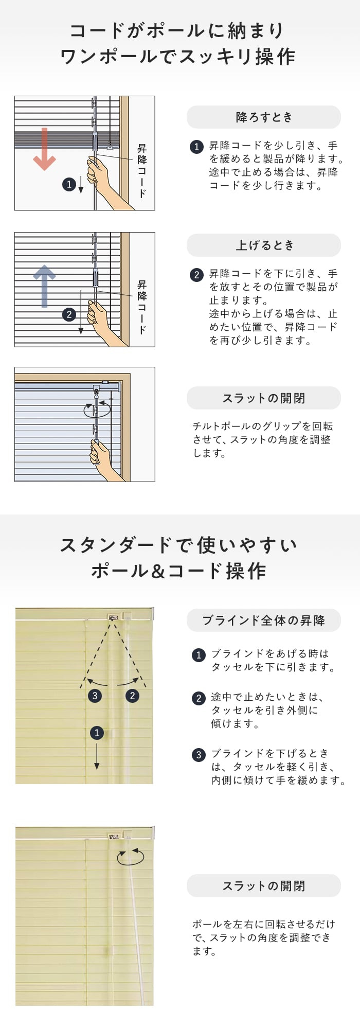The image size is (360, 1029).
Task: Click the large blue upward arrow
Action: pyautogui.click(x=44, y=286)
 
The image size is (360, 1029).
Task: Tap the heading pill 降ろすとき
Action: pyautogui.click(x=263, y=117)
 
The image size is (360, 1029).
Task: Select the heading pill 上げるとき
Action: pyautogui.click(x=263, y=245)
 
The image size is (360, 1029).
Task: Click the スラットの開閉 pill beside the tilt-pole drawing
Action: pyautogui.click(x=263, y=398)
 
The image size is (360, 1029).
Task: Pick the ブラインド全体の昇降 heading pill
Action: pyautogui.click(x=263, y=620)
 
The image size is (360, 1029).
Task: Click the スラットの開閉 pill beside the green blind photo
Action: pyautogui.click(x=263, y=886)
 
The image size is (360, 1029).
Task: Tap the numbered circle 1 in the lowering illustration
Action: pyautogui.click(x=69, y=184)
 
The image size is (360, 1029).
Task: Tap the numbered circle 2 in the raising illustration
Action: pyautogui.click(x=69, y=314)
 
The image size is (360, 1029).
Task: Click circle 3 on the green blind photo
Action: pyautogui.click(x=94, y=696)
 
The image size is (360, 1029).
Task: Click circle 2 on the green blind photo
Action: pyautogui.click(x=132, y=696)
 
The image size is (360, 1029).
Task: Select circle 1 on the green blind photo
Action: pyautogui.click(x=97, y=733)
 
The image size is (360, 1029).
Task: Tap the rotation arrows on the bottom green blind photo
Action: pyautogui.click(x=131, y=857)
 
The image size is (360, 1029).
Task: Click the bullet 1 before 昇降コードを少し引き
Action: pyautogui.click(x=196, y=147)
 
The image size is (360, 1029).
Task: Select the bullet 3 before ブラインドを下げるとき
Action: pyautogui.click(x=199, y=755)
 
